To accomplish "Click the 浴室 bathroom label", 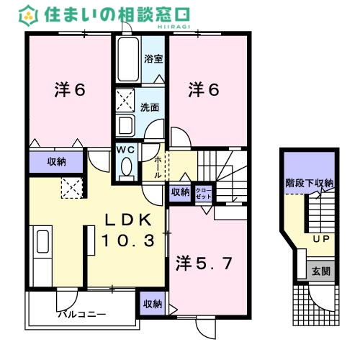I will pyautogui.click(x=152, y=59).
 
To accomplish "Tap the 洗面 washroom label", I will pyautogui.click(x=150, y=107).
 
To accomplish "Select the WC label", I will pyautogui.click(x=127, y=150).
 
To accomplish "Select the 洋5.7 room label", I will pyautogui.click(x=204, y=264).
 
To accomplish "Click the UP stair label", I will pyautogui.click(x=320, y=238).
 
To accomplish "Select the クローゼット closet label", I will pyautogui.click(x=204, y=192).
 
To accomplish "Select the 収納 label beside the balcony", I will pyautogui.click(x=152, y=304).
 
